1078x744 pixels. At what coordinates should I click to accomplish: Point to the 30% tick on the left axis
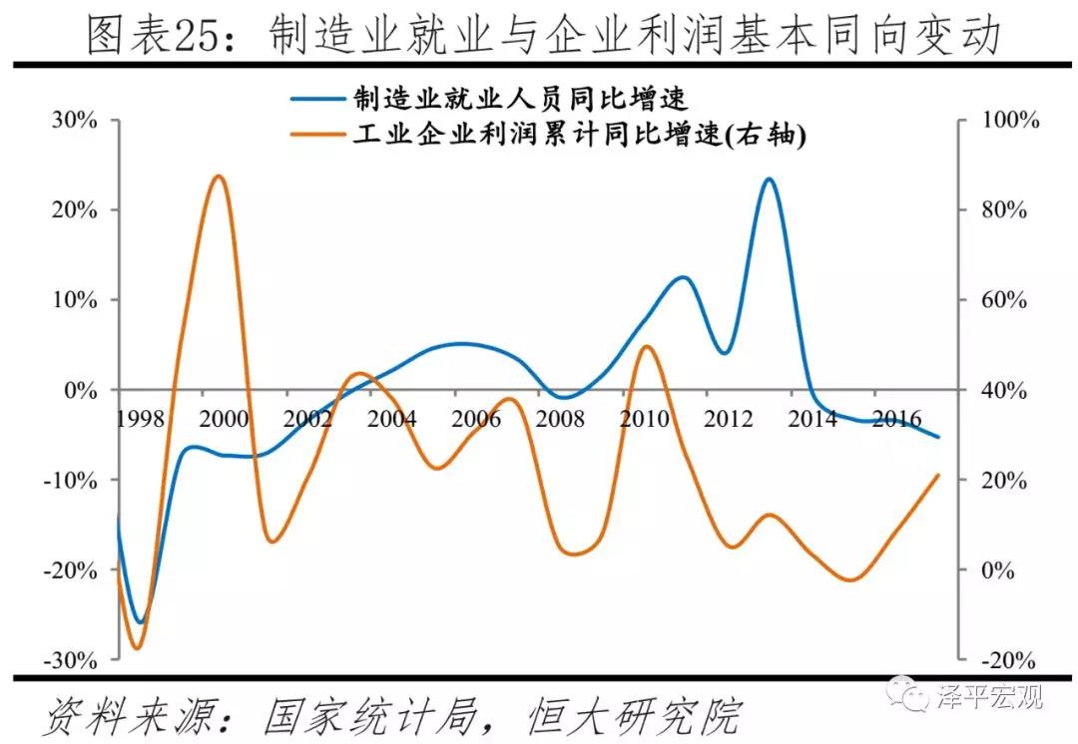point(73,120)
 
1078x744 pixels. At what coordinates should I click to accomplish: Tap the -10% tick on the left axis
point(70,480)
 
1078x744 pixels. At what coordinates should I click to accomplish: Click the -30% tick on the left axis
point(70,660)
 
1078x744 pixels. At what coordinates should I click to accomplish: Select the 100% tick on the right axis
point(1009,120)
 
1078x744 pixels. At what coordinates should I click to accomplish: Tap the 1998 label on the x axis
point(140,418)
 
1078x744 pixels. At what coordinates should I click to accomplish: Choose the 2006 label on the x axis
point(475,418)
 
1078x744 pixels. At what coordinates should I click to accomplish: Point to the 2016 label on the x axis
point(895,418)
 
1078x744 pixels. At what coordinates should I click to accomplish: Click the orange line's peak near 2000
point(218,177)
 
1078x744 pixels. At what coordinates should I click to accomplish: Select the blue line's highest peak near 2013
point(768,180)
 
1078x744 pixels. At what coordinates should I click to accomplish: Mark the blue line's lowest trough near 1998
point(140,622)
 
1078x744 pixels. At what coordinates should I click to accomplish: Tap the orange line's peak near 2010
point(646,346)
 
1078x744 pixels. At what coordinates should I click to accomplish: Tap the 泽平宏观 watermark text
point(988,695)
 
